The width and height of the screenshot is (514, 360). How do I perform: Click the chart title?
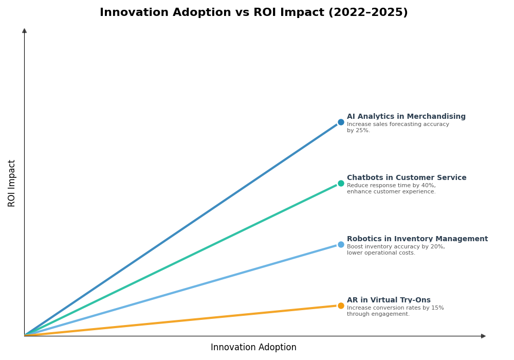253,13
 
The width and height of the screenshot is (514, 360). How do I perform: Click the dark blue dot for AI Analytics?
341,122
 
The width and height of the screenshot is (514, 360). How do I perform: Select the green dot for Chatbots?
341,184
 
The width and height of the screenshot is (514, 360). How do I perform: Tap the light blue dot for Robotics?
341,245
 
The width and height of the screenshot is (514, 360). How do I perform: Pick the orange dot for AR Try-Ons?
341,306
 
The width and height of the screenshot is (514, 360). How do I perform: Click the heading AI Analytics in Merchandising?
406,117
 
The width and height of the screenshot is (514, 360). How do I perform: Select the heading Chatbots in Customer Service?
407,178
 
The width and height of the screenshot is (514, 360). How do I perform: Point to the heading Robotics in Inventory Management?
417,239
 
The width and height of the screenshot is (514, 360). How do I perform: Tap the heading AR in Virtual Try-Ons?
389,300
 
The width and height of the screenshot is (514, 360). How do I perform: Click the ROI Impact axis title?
12,183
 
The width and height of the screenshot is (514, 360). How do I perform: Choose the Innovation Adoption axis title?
253,348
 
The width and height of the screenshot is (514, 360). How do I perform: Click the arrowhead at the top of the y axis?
24,31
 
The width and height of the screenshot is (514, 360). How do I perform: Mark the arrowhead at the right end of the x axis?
483,336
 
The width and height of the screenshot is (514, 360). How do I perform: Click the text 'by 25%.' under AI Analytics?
358,131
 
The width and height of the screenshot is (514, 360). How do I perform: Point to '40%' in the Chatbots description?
428,186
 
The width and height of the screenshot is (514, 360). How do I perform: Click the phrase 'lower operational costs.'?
381,253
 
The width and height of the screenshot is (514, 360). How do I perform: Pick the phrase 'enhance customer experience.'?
391,192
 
